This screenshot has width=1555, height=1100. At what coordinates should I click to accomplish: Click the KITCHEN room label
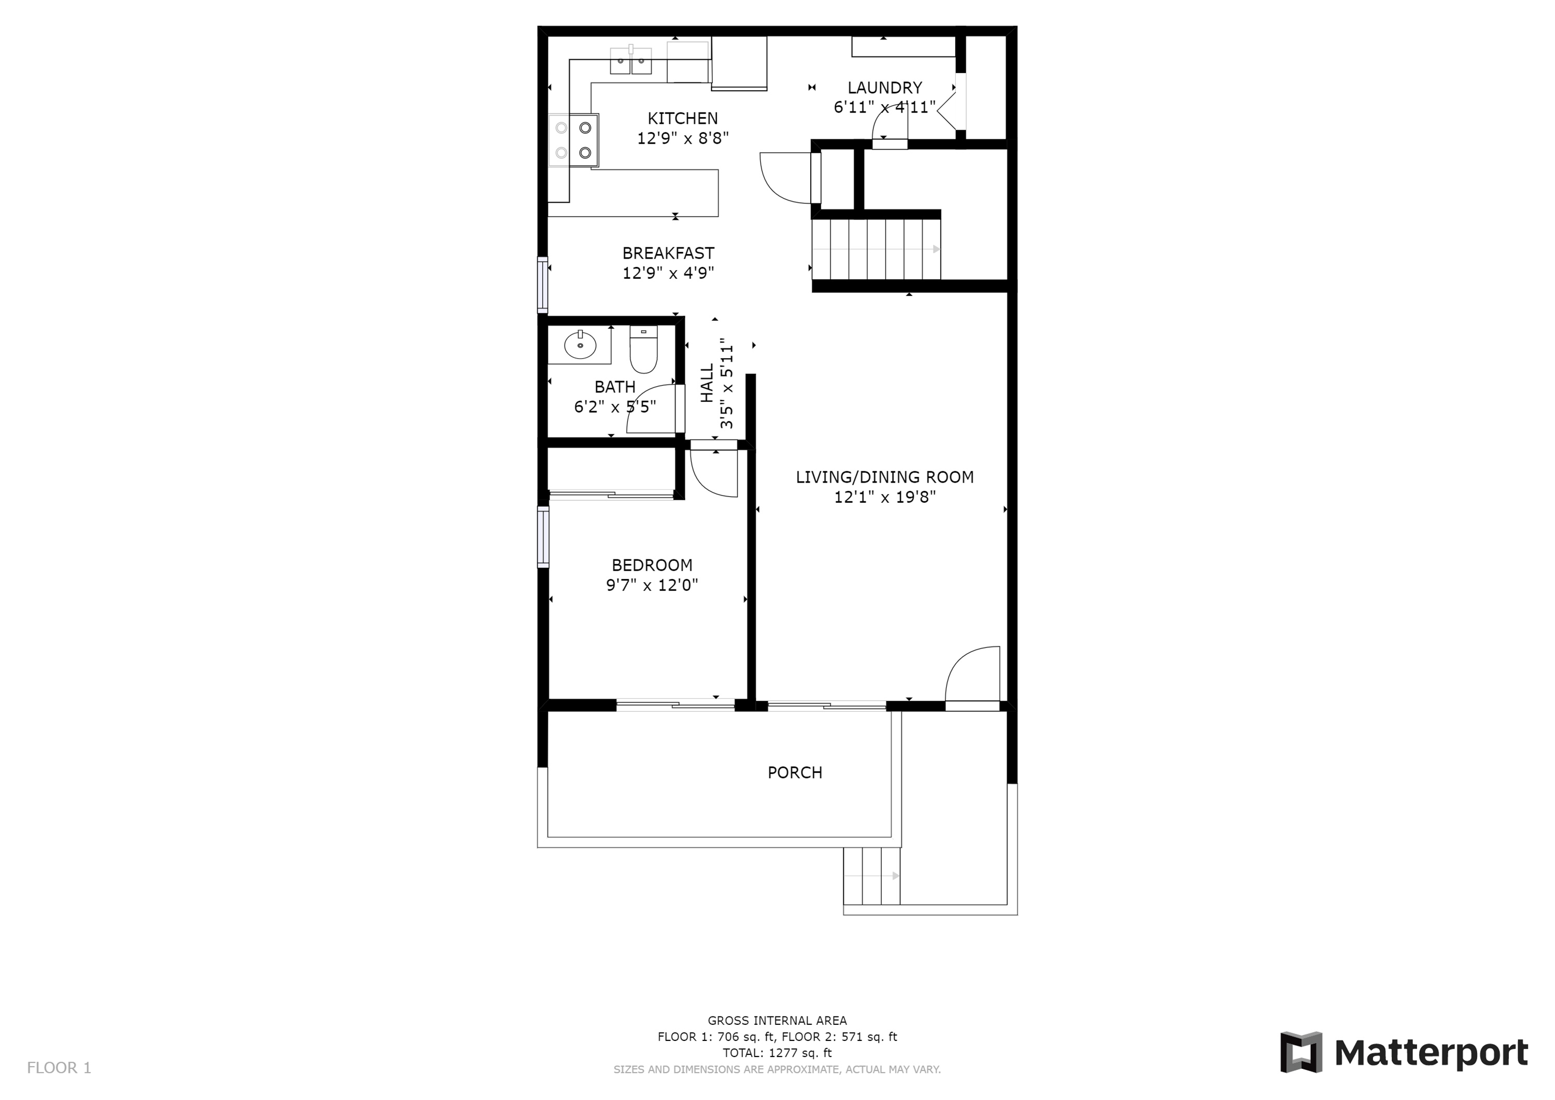683,119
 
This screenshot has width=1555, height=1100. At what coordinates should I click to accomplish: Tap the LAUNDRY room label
884,88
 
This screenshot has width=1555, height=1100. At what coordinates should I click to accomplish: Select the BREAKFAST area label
669,253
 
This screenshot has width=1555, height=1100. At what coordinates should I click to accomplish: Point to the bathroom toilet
643,349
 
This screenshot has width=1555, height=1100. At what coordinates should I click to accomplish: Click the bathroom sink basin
581,345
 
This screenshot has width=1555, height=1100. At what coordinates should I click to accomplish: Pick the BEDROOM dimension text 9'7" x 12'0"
652,585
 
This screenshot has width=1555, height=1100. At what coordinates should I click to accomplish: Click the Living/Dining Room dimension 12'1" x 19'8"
884,497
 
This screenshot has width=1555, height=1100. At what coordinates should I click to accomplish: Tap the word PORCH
795,773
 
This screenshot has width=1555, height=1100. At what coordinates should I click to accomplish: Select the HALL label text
707,384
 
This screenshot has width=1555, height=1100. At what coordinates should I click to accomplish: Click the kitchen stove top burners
574,139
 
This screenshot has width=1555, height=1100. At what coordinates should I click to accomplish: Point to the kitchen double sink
631,60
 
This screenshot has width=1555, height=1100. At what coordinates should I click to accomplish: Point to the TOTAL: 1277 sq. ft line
777,1053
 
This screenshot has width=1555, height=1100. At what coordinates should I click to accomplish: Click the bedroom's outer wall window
543,537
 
